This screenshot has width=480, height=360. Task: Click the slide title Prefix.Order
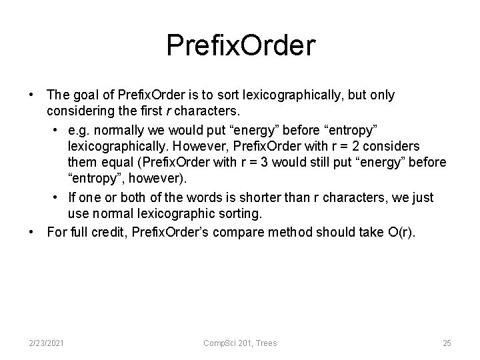tap(240, 45)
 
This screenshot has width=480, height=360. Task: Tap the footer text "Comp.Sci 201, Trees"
tap(241, 343)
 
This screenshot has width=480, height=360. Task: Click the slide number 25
tap(447, 343)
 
